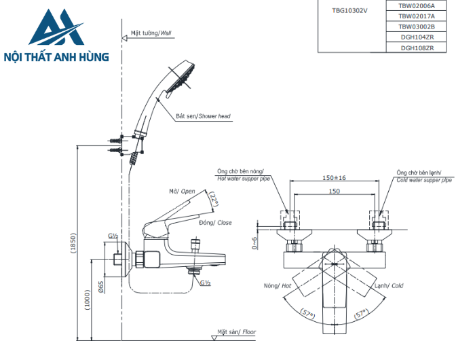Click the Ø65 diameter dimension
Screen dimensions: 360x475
101,286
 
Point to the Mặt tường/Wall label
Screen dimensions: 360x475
151,33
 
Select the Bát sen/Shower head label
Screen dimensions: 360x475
203,116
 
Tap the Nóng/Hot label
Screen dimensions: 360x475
278,286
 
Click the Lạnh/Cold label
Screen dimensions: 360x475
389,286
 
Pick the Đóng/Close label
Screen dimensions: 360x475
215,222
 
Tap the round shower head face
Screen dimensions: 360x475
183,75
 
